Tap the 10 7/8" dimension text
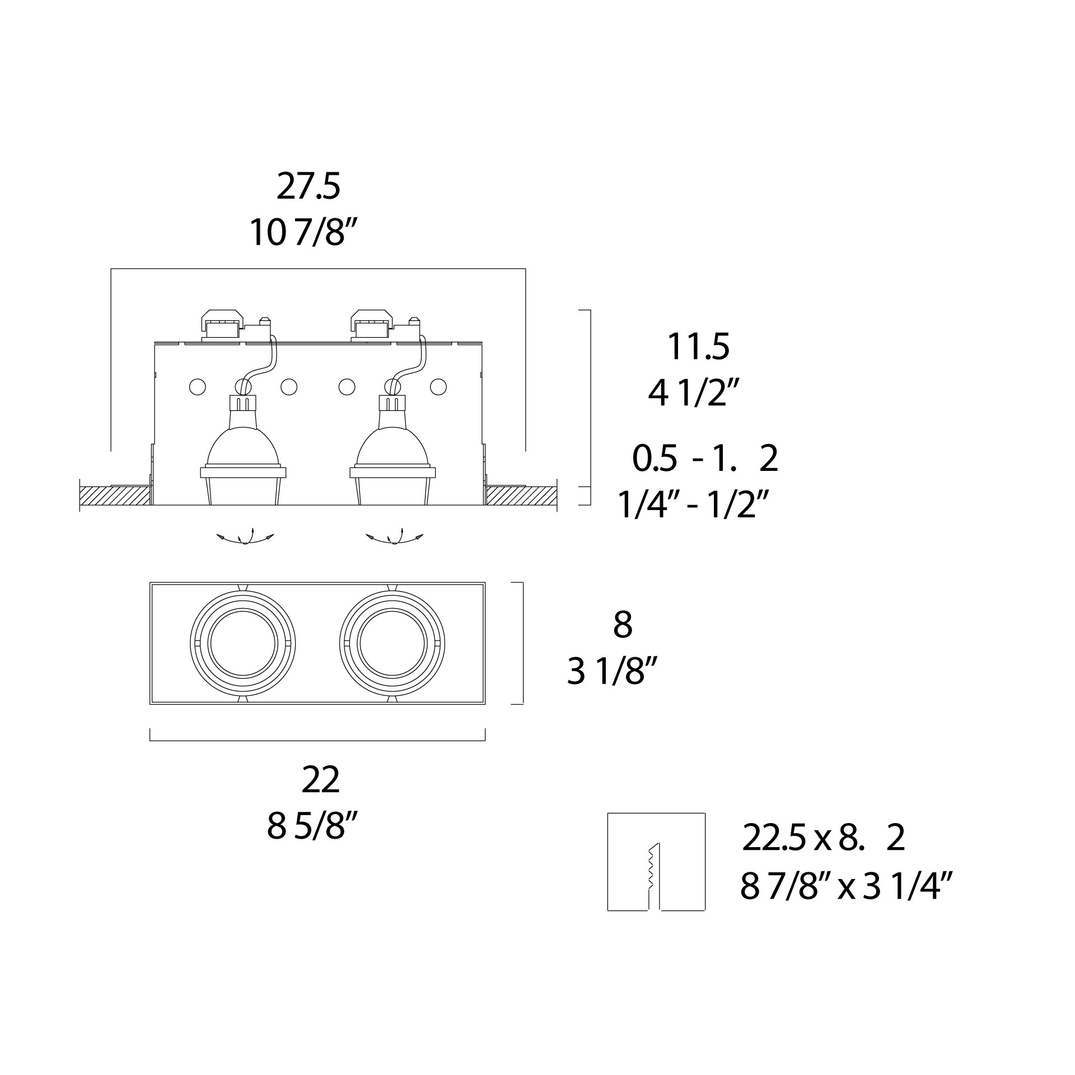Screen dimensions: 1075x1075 (303, 232)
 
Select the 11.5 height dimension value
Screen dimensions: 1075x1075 (698, 347)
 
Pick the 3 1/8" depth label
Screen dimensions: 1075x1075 (611, 671)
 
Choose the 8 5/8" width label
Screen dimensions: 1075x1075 (312, 826)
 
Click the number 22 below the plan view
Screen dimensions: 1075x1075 (320, 780)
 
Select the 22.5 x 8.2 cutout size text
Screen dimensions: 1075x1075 (824, 854)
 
